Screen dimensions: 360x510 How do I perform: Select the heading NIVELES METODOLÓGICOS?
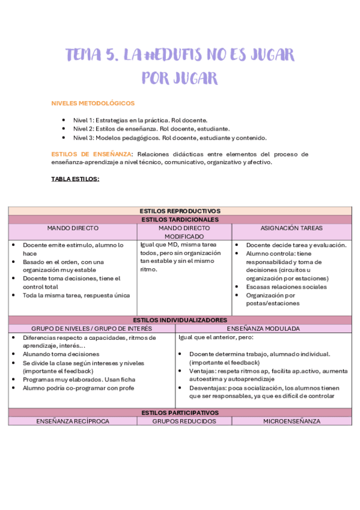click(x=93, y=103)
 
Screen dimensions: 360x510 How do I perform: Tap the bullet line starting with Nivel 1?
click(x=140, y=120)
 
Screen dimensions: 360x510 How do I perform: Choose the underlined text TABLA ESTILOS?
click(x=75, y=179)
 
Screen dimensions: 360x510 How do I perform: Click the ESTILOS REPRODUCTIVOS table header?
click(x=180, y=211)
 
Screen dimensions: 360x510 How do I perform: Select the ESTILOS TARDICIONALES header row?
click(x=180, y=220)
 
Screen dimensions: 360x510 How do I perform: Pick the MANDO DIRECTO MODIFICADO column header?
click(x=184, y=233)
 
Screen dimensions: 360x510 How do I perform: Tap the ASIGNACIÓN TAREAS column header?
click(x=291, y=229)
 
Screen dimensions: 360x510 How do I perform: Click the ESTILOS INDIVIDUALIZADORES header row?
click(x=180, y=320)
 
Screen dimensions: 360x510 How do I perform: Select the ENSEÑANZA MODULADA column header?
click(x=263, y=328)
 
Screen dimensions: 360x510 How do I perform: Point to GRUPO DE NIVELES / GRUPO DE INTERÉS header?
click(x=91, y=328)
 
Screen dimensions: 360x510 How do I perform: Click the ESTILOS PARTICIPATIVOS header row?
click(x=180, y=413)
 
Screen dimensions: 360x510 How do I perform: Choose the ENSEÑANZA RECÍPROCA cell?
click(x=73, y=421)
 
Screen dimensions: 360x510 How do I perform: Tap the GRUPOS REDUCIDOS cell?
click(x=184, y=421)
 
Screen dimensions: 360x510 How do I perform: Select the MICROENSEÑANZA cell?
click(x=291, y=421)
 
